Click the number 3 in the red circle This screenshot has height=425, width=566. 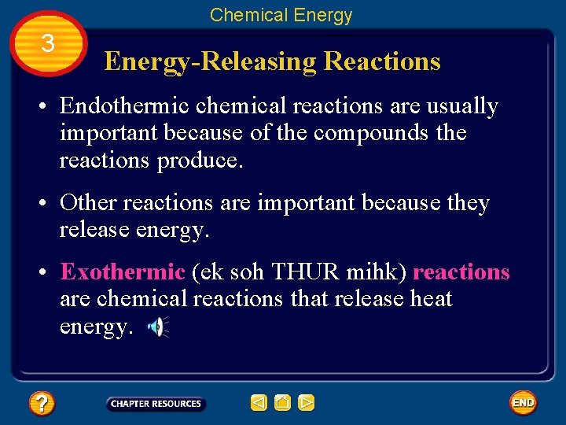point(47,44)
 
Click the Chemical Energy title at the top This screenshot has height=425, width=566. point(281,14)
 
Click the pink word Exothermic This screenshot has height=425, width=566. point(122,272)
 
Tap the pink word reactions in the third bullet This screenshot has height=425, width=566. point(461,272)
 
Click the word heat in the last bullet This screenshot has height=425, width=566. point(431,299)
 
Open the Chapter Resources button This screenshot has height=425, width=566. point(156,404)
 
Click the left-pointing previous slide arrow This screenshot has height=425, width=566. point(259,404)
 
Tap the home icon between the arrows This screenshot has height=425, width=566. point(282,404)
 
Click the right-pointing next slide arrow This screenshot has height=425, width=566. point(306,404)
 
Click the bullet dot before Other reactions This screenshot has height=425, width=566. point(47,203)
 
